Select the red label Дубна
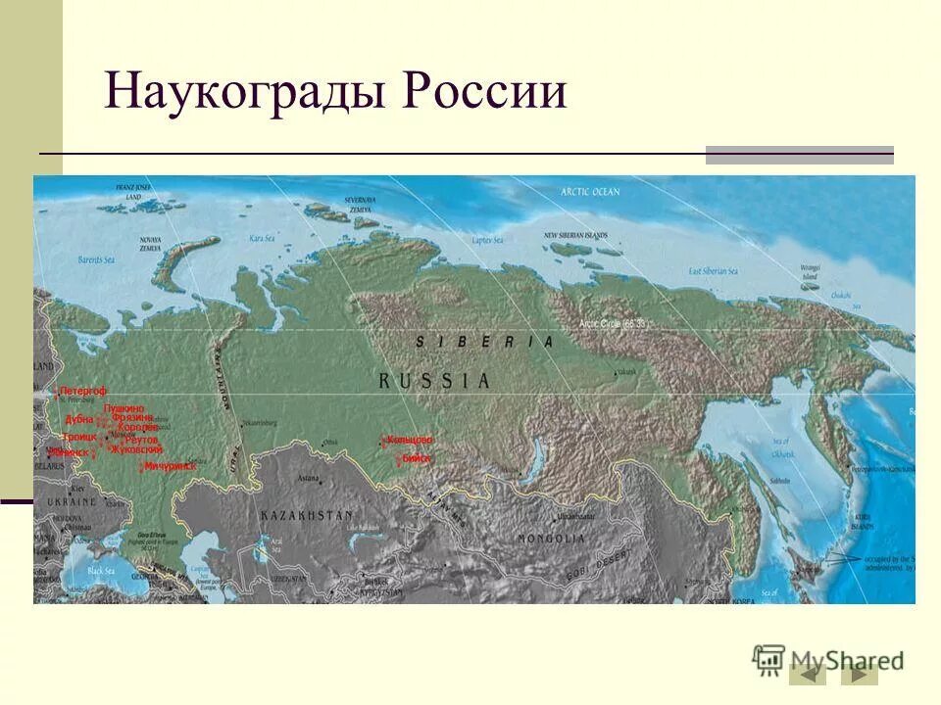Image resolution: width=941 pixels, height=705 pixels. (x=79, y=419)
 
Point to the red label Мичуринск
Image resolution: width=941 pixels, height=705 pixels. (x=171, y=467)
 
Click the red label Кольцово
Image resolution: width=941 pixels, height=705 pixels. (x=411, y=441)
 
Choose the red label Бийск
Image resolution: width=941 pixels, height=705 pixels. (x=416, y=457)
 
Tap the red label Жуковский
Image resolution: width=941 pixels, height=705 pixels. (x=136, y=449)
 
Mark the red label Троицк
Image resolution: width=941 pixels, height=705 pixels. (x=79, y=437)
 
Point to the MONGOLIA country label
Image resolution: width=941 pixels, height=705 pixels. (x=553, y=539)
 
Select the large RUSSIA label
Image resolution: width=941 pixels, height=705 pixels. (x=433, y=381)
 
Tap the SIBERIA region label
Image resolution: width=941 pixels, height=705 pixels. (x=483, y=342)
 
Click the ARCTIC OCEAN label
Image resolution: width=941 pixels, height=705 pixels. (x=590, y=192)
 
